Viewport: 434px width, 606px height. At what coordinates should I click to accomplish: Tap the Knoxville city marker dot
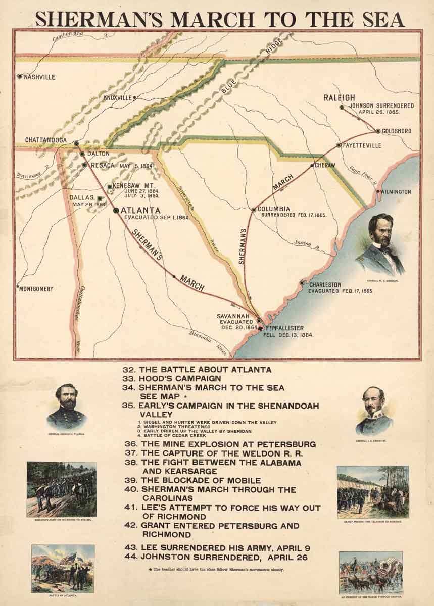tap(134, 97)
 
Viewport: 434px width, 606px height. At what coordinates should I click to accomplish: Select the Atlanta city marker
tap(116, 210)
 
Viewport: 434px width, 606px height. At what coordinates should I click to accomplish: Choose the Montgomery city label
tap(36, 289)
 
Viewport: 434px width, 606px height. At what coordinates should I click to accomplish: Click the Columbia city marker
tap(254, 209)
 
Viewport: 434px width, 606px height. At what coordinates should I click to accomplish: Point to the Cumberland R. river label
tap(76, 35)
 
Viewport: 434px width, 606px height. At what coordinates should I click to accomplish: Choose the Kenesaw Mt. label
tap(129, 185)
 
